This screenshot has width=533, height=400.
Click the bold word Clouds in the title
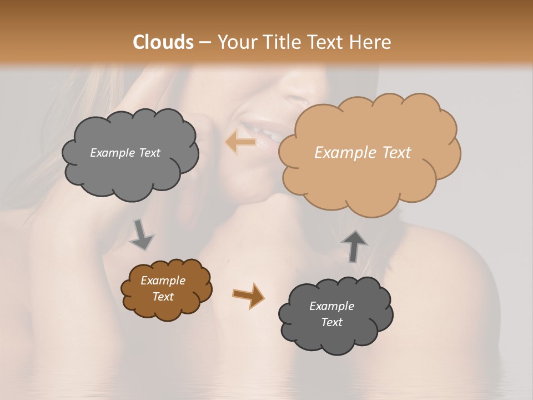pos(163,42)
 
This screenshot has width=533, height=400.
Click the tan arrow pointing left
pos(241,143)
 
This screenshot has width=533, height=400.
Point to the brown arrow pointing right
pos(248,295)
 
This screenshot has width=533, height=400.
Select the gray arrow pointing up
pos(355,246)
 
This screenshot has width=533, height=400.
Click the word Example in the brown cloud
pos(163,281)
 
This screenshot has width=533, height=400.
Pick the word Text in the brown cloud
pos(163,297)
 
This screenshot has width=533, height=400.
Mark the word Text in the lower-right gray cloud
pos(331,322)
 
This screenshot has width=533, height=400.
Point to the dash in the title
pos(204,42)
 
